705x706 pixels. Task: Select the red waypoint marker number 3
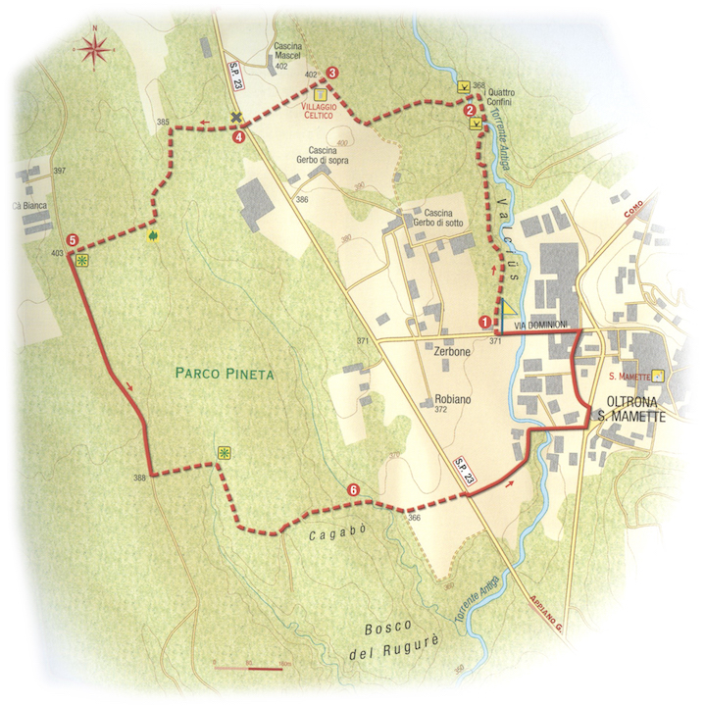pos(332,73)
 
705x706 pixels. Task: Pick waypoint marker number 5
pos(74,240)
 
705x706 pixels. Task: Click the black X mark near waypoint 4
pos(235,120)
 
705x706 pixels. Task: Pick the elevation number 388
pos(139,478)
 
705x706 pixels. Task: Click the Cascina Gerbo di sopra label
pos(322,152)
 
